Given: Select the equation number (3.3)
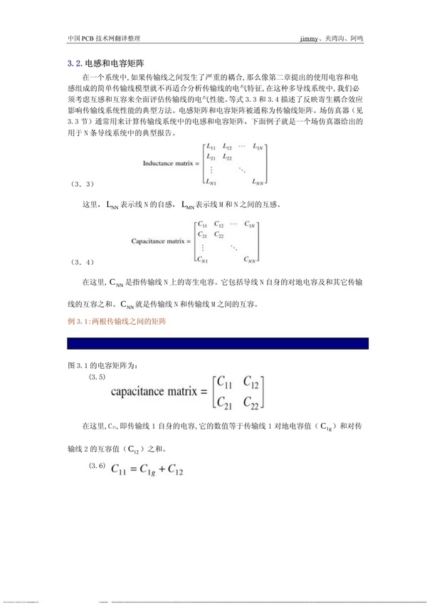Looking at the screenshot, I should tap(84, 184).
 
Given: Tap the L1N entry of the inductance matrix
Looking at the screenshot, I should tap(259, 147).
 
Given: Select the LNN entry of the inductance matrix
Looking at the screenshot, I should tap(258, 183).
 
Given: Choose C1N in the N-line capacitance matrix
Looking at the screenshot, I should tap(251, 224).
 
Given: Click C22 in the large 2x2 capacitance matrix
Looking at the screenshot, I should tap(253, 404).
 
